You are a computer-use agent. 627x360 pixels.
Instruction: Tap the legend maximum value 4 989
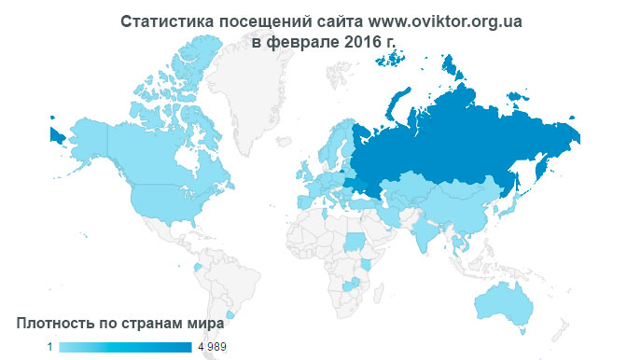pyautogui.click(x=211, y=347)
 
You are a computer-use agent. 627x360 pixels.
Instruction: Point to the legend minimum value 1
pyautogui.click(x=50, y=347)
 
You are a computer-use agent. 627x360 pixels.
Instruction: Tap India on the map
pyautogui.click(x=425, y=229)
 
